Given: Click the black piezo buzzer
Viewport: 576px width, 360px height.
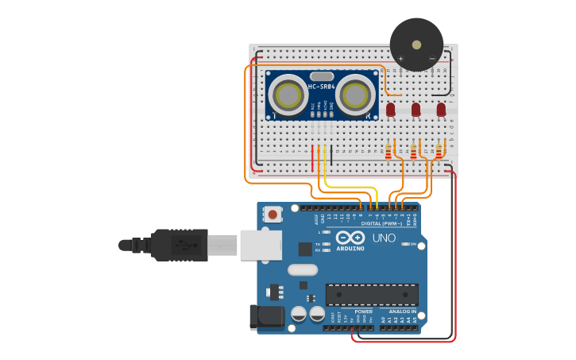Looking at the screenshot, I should pyautogui.click(x=416, y=45).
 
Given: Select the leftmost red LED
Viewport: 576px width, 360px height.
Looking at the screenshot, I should pyautogui.click(x=390, y=109).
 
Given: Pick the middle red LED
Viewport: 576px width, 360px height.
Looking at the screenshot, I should pyautogui.click(x=416, y=109).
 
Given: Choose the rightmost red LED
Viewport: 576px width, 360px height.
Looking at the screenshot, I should pyautogui.click(x=441, y=109).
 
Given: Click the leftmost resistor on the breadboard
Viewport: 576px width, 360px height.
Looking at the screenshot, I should pyautogui.click(x=389, y=149).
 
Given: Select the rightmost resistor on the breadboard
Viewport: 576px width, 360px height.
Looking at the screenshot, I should pyautogui.click(x=439, y=149).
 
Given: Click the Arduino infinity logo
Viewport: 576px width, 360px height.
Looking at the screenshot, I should pyautogui.click(x=350, y=238).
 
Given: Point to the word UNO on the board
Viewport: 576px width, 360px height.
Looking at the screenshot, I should pyautogui.click(x=384, y=238).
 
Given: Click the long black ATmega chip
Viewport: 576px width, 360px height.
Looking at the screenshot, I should pyautogui.click(x=372, y=294).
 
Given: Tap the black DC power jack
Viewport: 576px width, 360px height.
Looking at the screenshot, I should pyautogui.click(x=267, y=317).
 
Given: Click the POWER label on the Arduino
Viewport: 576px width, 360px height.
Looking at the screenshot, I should pyautogui.click(x=363, y=312).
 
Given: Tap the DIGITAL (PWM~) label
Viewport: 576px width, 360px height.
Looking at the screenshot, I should pyautogui.click(x=381, y=223).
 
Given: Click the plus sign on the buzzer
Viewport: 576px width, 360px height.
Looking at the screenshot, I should pyautogui.click(x=400, y=58).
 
